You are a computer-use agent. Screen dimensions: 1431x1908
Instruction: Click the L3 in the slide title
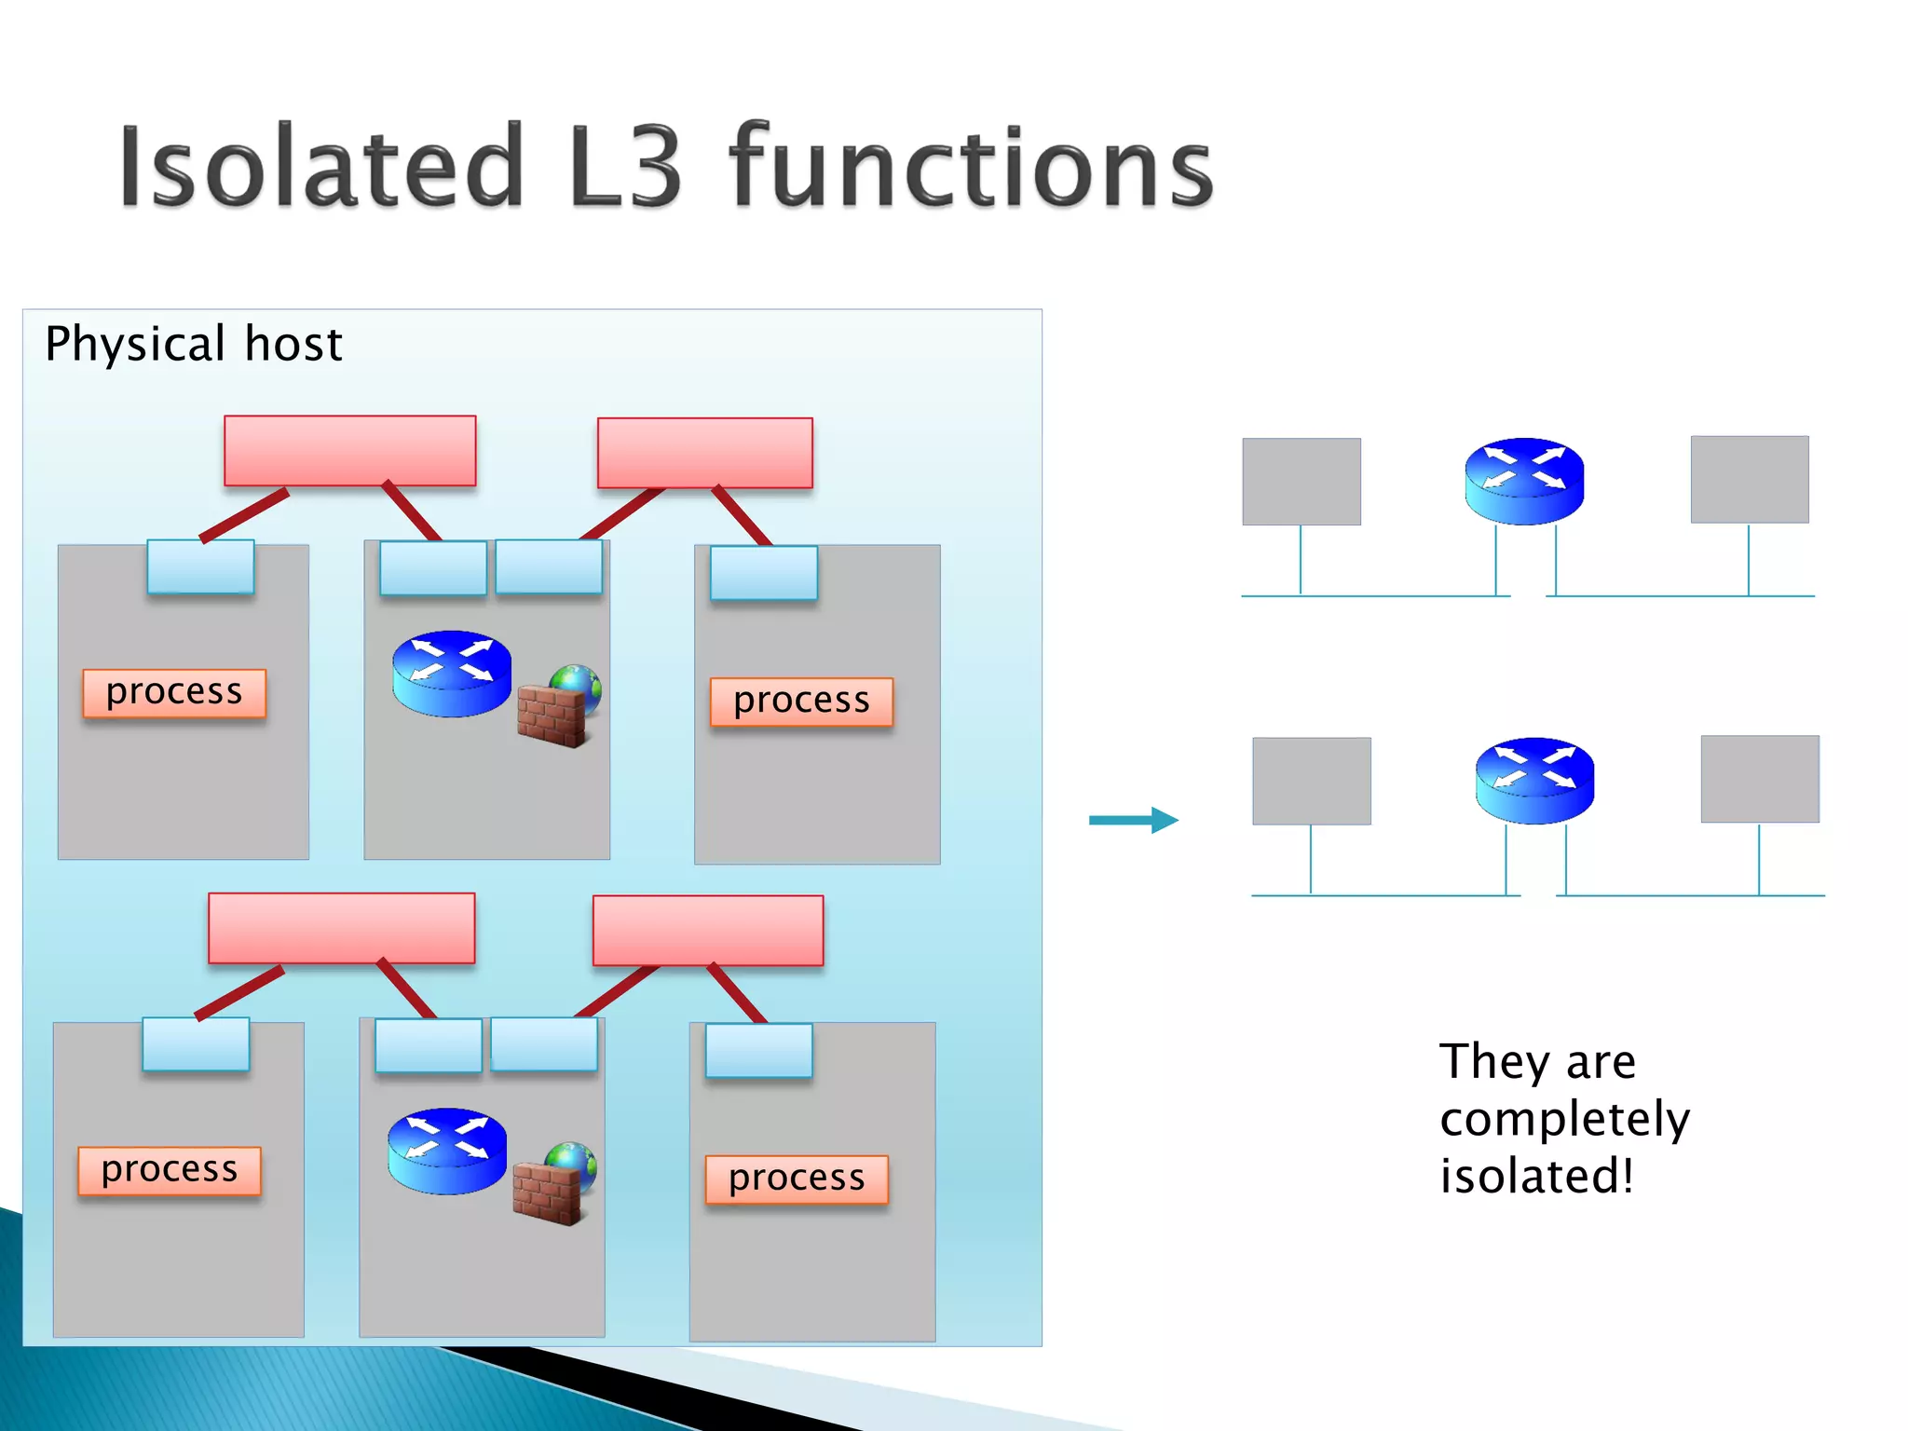(625, 168)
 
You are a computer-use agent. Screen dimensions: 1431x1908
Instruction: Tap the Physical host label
(194, 344)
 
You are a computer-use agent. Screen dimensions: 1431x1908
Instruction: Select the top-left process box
(174, 692)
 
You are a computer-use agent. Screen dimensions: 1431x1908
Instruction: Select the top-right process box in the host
(801, 701)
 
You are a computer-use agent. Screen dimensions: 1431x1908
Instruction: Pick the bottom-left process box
(170, 1170)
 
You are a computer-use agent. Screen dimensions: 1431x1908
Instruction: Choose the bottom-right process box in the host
(797, 1179)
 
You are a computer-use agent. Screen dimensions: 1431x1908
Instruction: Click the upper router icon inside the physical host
(452, 674)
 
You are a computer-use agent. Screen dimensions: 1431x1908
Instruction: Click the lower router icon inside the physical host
(447, 1151)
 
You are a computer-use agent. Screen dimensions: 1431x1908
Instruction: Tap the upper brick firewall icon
(552, 715)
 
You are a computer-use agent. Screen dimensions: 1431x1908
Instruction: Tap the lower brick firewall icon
(548, 1192)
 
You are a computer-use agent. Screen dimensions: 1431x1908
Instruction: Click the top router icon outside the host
(1524, 481)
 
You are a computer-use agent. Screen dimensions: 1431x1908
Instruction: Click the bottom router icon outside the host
(1534, 781)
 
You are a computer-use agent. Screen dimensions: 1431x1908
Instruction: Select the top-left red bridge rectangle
(350, 451)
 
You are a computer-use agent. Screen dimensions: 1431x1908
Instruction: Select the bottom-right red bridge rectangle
(708, 930)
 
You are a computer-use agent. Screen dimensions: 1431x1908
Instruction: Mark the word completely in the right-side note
(1564, 1119)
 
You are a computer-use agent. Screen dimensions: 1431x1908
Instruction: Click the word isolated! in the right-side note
(1537, 1176)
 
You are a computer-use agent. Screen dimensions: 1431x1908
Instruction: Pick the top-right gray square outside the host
(1750, 480)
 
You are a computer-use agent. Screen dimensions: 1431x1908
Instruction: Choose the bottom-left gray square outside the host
(1312, 781)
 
